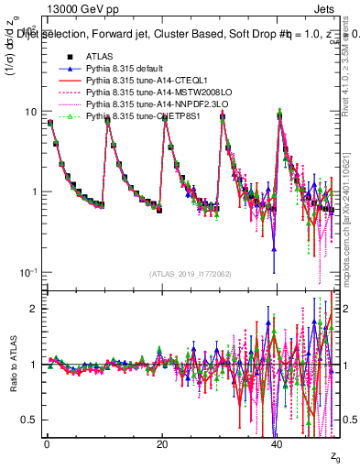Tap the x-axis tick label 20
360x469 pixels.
pos(162,443)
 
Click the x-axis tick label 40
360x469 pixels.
pos(278,443)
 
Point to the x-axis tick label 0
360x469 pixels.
pos(47,443)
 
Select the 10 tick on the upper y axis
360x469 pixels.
pos(31,112)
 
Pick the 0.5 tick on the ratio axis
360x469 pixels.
pos(28,420)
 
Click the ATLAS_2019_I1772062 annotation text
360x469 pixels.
pos(191,275)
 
